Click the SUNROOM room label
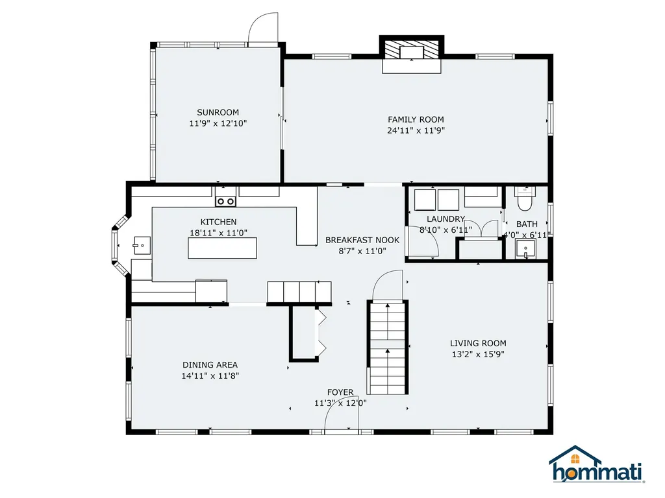pos(218,112)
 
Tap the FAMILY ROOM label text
pos(416,119)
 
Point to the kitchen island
pos(222,248)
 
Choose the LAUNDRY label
pos(445,219)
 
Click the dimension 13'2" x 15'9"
pos(478,354)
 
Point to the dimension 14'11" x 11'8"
pos(210,375)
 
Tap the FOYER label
pos(340,392)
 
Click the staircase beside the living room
pos(388,348)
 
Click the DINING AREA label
pos(210,364)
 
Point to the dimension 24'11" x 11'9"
pos(416,130)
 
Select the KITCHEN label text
pos(218,222)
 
